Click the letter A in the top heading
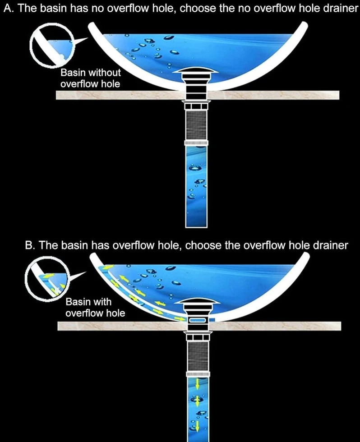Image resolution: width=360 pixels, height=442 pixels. coord(7,9)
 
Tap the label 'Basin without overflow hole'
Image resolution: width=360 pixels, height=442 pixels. coord(91,78)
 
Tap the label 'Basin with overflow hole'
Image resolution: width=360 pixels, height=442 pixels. coord(95,307)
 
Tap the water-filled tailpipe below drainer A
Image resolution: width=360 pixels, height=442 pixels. coord(196,186)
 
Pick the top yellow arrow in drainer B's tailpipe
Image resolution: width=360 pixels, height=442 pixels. coord(197,383)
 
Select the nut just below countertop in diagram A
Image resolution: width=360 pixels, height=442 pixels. coord(196,106)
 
